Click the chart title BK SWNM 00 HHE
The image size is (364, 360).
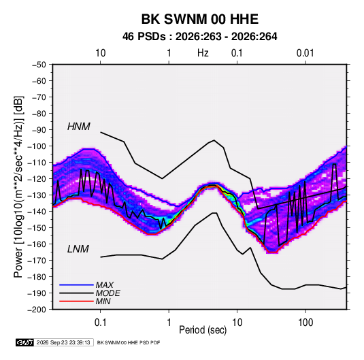tap(200, 19)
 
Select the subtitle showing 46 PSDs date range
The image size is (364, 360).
tap(200, 37)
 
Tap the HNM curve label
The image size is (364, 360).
tap(79, 127)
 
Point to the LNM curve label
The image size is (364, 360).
tap(78, 249)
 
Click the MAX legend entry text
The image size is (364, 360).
tap(105, 285)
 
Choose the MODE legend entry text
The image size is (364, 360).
tap(108, 293)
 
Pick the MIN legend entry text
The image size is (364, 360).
tap(103, 301)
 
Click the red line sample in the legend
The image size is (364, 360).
tap(76, 301)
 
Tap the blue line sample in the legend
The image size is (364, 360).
tap(76, 285)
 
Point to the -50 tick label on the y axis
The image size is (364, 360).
tap(39, 65)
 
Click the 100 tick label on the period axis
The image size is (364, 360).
tap(305, 323)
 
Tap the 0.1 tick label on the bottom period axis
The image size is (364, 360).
tap(100, 323)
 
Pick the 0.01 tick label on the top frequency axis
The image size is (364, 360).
tap(305, 53)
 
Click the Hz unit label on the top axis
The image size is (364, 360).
tap(203, 53)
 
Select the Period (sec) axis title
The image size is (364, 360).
tap(203, 330)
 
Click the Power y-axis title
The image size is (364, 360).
tap(18, 187)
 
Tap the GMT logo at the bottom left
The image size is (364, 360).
tap(25, 342)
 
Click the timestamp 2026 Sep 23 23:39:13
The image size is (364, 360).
tap(63, 342)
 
